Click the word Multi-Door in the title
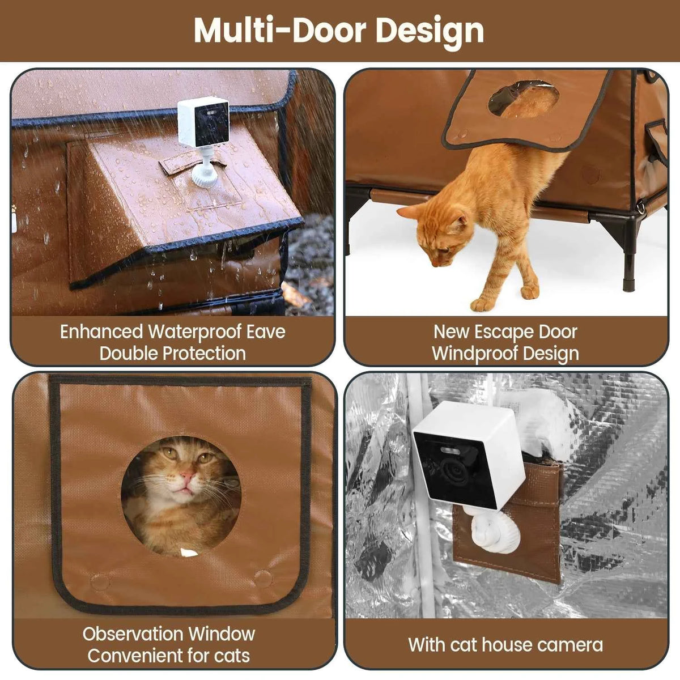click(x=279, y=31)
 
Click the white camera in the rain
click(x=203, y=122)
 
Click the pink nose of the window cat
click(x=186, y=474)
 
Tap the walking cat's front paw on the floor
click(x=483, y=304)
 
